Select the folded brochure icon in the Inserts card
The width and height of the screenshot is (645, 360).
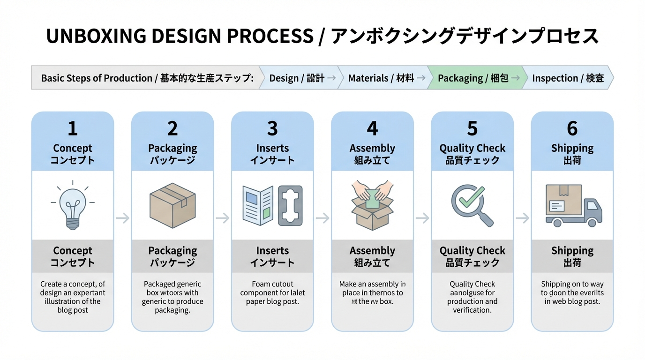tap(258, 205)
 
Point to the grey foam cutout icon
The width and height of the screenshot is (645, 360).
tap(291, 205)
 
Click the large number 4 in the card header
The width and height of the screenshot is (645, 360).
tap(372, 128)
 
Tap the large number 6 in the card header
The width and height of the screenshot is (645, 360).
tap(572, 128)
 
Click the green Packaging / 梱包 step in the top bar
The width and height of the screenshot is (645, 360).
tap(473, 78)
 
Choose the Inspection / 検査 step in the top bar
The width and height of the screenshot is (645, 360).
tap(568, 78)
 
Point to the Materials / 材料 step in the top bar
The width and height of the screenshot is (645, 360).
tap(381, 78)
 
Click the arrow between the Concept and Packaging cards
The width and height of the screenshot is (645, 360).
tap(122, 218)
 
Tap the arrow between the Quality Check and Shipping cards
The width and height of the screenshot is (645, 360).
tap(522, 218)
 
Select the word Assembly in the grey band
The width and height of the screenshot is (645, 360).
tap(372, 251)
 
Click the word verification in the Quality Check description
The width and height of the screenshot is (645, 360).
tap(472, 310)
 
